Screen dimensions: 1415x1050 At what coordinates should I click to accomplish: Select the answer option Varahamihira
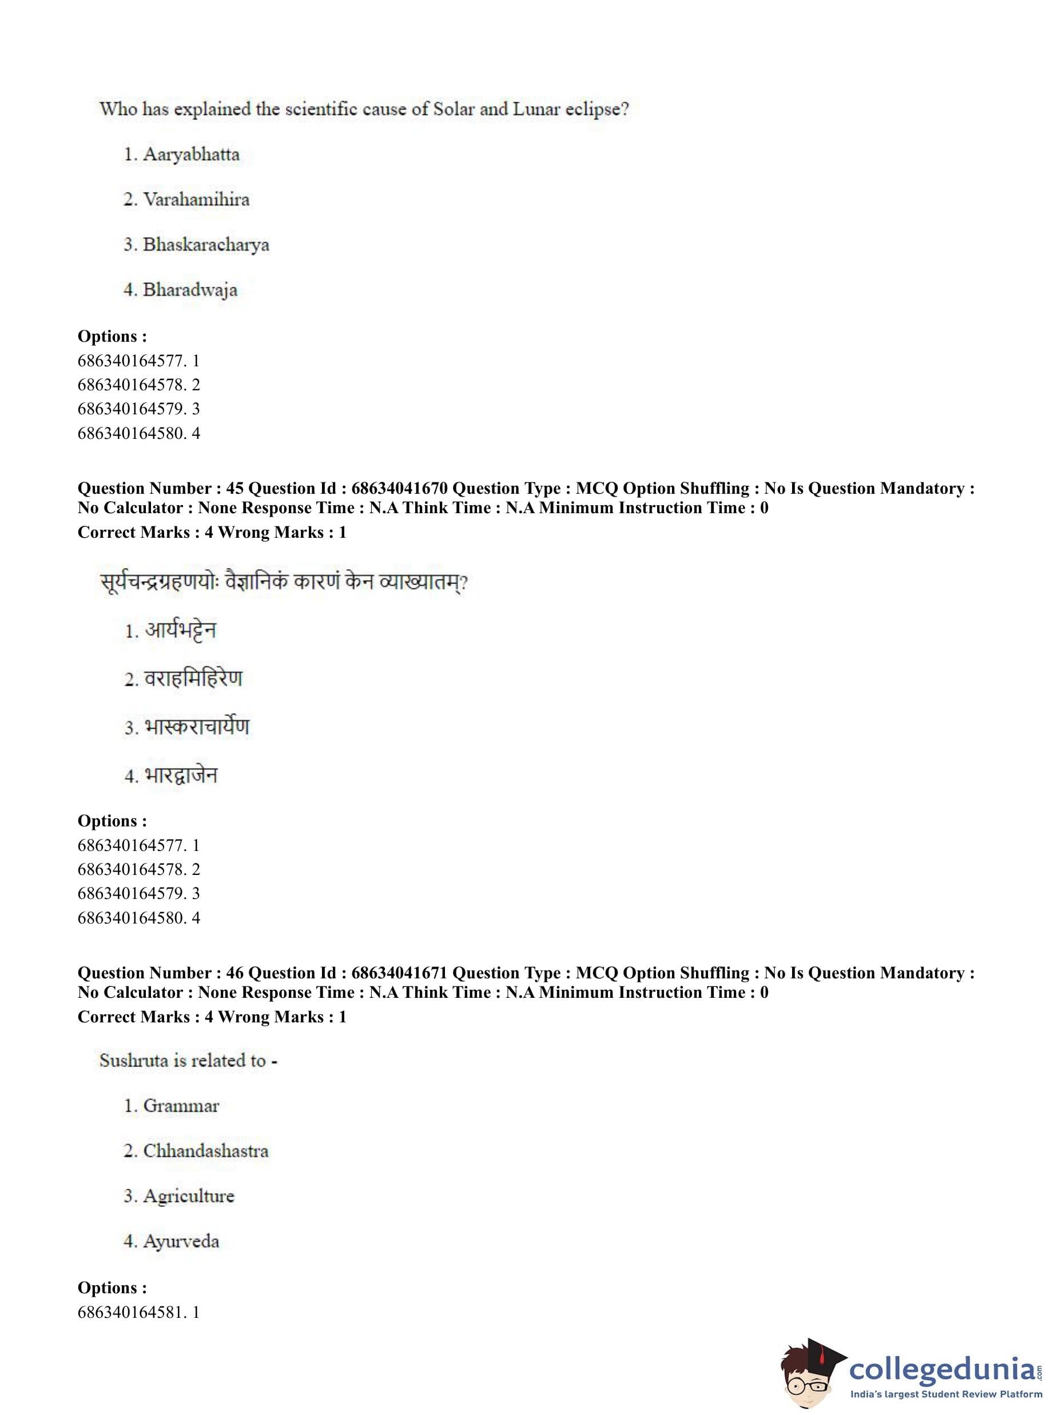click(196, 199)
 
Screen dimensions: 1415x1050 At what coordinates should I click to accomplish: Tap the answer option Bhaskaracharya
click(205, 245)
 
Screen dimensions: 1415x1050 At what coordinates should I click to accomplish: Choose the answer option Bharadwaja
click(189, 290)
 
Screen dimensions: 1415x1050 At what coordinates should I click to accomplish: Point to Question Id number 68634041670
click(399, 489)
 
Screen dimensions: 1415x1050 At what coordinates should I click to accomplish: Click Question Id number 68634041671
click(399, 973)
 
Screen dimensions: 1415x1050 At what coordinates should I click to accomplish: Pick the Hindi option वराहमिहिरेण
click(193, 679)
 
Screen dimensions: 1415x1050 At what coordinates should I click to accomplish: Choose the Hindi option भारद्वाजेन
click(181, 775)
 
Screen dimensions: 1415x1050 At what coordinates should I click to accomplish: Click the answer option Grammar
click(181, 1106)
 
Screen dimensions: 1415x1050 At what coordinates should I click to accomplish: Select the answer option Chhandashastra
click(205, 1151)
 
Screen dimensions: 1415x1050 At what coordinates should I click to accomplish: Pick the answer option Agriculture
click(188, 1196)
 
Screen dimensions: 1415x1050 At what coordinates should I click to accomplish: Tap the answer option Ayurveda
click(181, 1241)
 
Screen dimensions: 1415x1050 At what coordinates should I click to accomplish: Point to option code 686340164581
click(131, 1312)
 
